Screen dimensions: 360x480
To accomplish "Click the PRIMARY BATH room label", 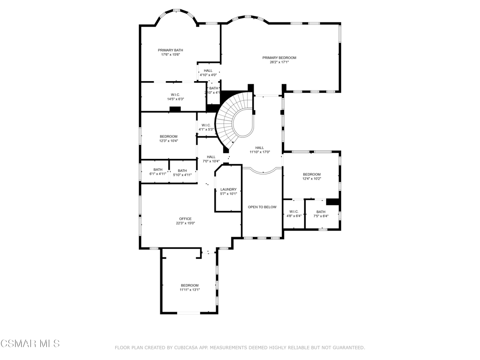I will pyautogui.click(x=170, y=50).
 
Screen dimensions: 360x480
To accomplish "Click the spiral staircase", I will pyautogui.click(x=234, y=120).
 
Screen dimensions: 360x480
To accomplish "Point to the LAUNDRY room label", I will pyautogui.click(x=228, y=189).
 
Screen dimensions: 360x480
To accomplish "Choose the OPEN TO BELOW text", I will pyautogui.click(x=262, y=207).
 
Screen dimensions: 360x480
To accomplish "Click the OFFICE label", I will pyautogui.click(x=185, y=219).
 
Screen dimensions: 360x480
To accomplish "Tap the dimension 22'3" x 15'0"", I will pyautogui.click(x=185, y=224).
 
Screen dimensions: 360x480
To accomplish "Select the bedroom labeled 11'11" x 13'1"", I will pyautogui.click(x=189, y=287).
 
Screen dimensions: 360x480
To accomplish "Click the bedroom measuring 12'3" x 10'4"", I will pyautogui.click(x=169, y=138).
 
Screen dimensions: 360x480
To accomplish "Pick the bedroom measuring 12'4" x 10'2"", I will pyautogui.click(x=311, y=176).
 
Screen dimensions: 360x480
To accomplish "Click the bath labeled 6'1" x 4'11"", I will pyautogui.click(x=158, y=172).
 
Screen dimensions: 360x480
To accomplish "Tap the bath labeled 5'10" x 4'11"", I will pyautogui.click(x=182, y=172).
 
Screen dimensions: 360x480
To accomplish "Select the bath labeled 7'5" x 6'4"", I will pyautogui.click(x=321, y=214).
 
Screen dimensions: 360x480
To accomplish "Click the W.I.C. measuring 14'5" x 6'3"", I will pyautogui.click(x=175, y=97).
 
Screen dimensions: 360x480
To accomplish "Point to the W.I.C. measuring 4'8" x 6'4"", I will pyautogui.click(x=294, y=214).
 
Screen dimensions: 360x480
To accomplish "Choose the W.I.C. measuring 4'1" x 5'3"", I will pyautogui.click(x=206, y=127).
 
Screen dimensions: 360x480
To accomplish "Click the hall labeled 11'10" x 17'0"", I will pyautogui.click(x=259, y=150).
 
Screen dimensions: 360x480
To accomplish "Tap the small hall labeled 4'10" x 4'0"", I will pyautogui.click(x=208, y=73).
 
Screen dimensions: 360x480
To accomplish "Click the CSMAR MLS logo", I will pyautogui.click(x=30, y=344).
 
